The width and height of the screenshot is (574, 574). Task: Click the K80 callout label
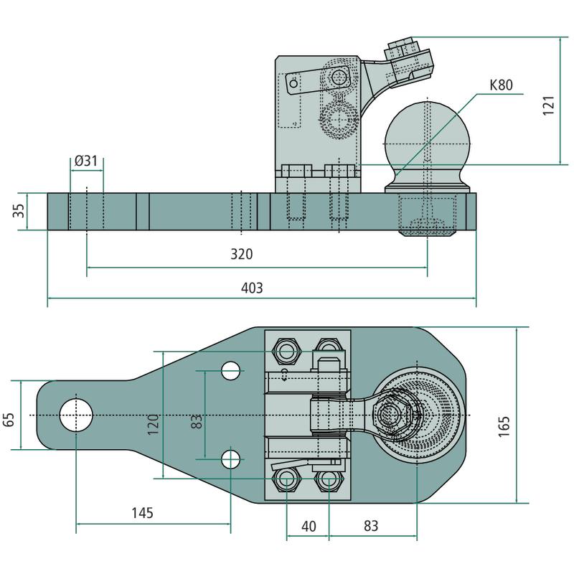point(501,85)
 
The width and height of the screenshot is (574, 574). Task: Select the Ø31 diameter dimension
point(85,161)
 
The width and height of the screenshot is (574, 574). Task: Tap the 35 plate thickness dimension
point(19,211)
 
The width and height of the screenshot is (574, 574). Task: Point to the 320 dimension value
point(242,255)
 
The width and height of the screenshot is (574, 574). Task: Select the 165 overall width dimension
point(504,426)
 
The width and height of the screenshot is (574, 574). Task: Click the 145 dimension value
point(142,513)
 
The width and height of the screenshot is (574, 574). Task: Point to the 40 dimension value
point(309,526)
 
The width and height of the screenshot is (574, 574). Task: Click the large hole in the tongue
point(76,416)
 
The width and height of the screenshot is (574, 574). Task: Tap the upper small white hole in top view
point(230,370)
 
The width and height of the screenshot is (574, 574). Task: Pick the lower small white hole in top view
point(230,458)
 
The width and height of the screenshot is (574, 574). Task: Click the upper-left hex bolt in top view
point(286,351)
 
